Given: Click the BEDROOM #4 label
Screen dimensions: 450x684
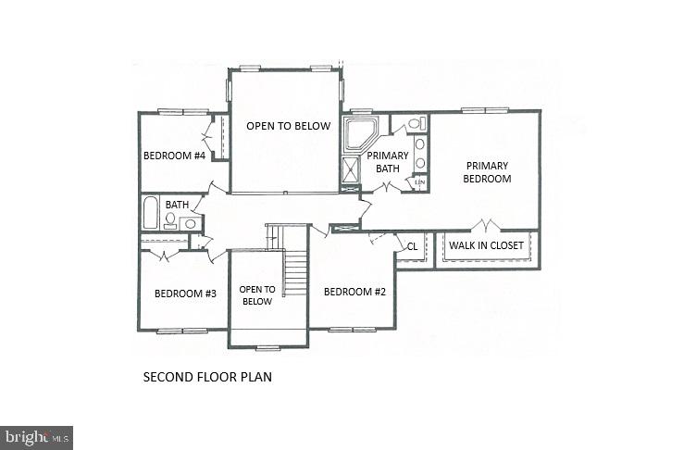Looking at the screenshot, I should click(x=174, y=156).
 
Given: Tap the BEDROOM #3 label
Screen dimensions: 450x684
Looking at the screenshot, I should click(x=185, y=294).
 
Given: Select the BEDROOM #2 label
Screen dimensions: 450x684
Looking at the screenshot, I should click(x=354, y=292).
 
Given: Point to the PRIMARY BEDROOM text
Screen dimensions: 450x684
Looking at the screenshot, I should click(x=487, y=172).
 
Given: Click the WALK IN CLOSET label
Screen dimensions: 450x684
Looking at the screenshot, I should click(x=487, y=246).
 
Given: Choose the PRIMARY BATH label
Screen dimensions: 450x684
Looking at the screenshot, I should click(x=388, y=162).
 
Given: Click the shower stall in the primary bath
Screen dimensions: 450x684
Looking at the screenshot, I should click(x=352, y=170).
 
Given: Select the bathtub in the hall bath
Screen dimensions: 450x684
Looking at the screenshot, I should click(x=150, y=212).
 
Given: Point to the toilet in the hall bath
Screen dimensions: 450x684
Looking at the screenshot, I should click(x=170, y=220).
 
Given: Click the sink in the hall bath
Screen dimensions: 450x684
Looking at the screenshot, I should click(x=190, y=223).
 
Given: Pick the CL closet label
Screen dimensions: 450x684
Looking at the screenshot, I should click(x=412, y=246).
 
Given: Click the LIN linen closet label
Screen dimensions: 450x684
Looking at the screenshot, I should click(x=419, y=182).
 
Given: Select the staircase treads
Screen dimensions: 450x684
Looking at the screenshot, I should click(x=295, y=273).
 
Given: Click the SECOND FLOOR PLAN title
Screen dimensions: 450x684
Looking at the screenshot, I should click(x=207, y=378).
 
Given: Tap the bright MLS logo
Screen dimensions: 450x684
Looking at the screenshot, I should click(x=37, y=437).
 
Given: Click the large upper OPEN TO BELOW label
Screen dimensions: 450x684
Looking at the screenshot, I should click(x=287, y=126).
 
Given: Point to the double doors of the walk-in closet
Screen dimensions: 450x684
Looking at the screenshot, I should click(x=486, y=225).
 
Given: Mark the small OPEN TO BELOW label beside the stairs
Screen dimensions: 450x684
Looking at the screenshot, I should click(x=256, y=294).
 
